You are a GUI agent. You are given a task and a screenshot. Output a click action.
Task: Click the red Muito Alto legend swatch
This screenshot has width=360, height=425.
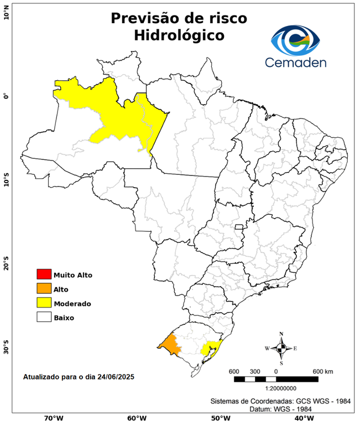point(44,274)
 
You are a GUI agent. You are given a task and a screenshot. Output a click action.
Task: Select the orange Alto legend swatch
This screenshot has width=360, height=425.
point(44,289)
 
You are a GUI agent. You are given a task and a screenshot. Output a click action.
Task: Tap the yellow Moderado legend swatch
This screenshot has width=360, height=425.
point(44,303)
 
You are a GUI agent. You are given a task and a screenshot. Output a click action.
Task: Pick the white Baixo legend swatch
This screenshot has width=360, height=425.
point(44,318)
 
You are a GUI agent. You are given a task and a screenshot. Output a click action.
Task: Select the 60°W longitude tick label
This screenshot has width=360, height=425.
point(136,418)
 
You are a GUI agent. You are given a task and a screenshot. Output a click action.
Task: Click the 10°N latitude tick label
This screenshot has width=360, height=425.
point(7,12)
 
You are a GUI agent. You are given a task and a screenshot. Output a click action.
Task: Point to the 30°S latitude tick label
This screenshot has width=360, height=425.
point(7,350)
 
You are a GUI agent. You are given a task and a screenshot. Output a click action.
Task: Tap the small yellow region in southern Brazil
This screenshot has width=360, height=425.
point(210,348)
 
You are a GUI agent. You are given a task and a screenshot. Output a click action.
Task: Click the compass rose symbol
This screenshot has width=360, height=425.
point(281,348)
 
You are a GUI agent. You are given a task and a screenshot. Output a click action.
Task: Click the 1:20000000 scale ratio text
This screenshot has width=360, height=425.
point(276,389)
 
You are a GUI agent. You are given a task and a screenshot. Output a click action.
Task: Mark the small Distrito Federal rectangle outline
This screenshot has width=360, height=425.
point(239,227)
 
